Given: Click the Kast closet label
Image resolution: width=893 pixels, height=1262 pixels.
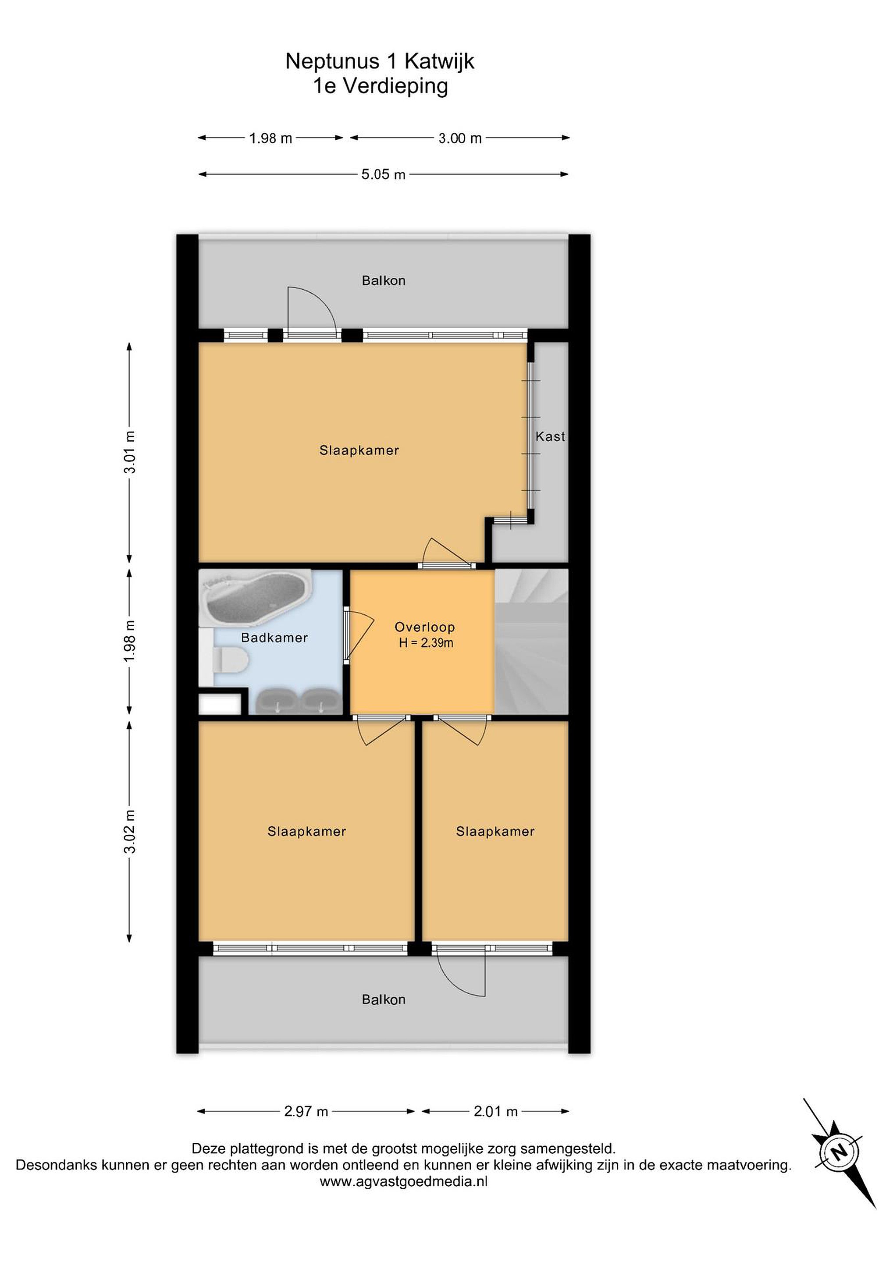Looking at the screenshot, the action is [550, 436].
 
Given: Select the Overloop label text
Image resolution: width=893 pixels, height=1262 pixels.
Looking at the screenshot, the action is [424, 627].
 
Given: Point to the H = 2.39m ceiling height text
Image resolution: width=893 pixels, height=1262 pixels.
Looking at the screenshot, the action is [426, 642].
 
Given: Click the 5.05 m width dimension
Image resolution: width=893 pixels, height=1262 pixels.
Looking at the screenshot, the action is [383, 174].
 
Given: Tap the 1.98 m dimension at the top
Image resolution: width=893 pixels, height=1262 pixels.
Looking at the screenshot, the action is [270, 138].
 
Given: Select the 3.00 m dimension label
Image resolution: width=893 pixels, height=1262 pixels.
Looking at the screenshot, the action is [460, 138].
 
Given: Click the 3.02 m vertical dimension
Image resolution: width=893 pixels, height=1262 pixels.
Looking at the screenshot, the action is [130, 832].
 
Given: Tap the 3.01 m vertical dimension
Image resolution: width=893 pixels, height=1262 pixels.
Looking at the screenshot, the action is [130, 452].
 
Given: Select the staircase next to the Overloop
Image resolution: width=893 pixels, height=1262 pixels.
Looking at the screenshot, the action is [531, 642].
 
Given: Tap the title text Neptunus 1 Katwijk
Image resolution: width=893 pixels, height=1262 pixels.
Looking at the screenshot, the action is [379, 61].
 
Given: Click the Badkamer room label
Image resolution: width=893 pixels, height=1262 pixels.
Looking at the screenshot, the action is [274, 638].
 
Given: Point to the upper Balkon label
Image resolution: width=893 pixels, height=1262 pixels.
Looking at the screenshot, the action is [383, 280].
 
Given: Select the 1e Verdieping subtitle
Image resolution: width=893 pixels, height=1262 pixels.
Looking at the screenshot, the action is [381, 87].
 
